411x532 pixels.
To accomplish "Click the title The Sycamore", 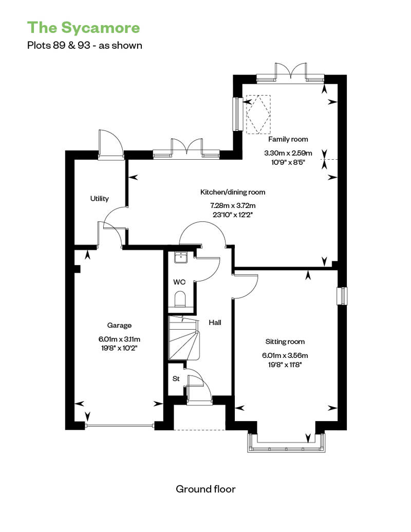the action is click(83, 28).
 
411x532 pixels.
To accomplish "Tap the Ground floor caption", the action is click(206, 489).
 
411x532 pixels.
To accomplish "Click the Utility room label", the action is click(100, 199).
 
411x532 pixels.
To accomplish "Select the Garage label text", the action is click(119, 326).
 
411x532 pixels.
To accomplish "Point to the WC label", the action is click(179, 282).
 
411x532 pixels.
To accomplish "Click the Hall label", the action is click(215, 322).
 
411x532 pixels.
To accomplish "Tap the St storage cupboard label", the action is click(176, 378).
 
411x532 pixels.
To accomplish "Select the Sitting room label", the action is click(285, 341).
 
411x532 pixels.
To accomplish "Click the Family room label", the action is click(288, 139).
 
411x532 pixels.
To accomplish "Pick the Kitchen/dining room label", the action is click(233, 192).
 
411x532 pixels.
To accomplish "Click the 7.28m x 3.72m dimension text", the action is click(233, 205).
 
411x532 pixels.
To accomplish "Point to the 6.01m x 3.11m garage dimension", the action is click(120, 339).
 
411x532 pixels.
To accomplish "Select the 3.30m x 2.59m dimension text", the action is click(288, 153).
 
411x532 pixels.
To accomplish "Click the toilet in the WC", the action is click(179, 299).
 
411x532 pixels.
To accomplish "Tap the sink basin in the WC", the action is click(181, 257).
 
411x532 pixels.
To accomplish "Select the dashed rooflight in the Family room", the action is click(258, 115).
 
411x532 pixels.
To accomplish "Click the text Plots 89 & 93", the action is click(59, 46).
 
